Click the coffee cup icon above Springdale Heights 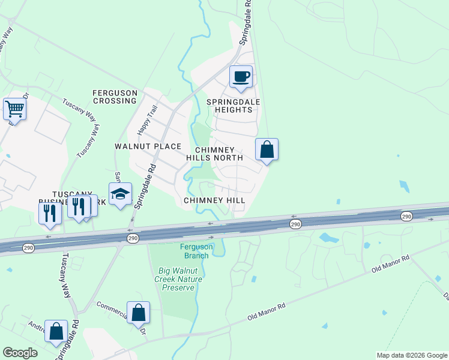pyautogui.click(x=241, y=77)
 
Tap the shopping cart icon pyautogui.click(x=14, y=109)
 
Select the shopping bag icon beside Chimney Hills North pyautogui.click(x=267, y=150)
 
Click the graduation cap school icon pyautogui.click(x=120, y=194)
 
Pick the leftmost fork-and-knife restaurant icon pyautogui.click(x=49, y=213)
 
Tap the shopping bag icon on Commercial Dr pyautogui.click(x=138, y=313)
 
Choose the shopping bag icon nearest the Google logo pyautogui.click(x=56, y=331)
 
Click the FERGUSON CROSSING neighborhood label pyautogui.click(x=115, y=97)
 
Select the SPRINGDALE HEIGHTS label pyautogui.click(x=234, y=106)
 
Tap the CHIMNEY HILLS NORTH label pyautogui.click(x=218, y=153)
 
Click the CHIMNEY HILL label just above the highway pyautogui.click(x=214, y=200)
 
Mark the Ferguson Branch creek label pyautogui.click(x=195, y=251)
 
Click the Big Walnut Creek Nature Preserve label pyautogui.click(x=178, y=279)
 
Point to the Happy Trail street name pyautogui.click(x=147, y=119)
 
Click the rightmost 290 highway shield pyautogui.click(x=406, y=216)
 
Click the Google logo pyautogui.click(x=20, y=353)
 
